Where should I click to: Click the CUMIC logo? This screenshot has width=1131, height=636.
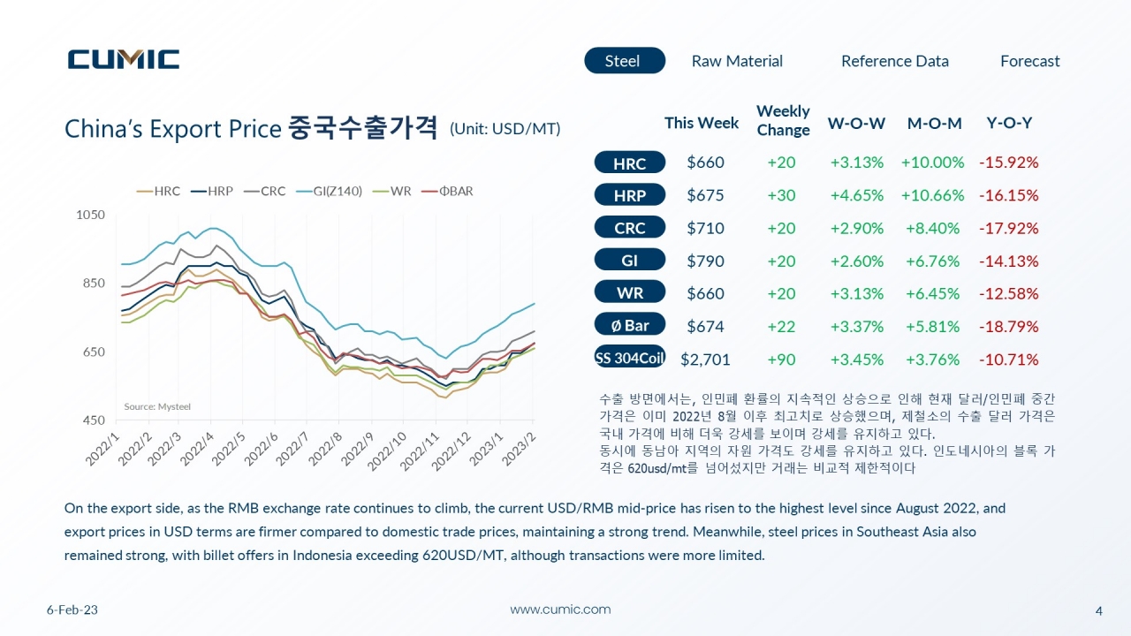tap(124, 59)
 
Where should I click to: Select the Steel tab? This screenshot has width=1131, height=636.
tap(625, 61)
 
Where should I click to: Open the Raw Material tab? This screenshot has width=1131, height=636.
tap(737, 61)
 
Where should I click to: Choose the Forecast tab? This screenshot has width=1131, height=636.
tap(1030, 61)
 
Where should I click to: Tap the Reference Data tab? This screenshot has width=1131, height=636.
tap(895, 61)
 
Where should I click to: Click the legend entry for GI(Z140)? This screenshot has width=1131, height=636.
tap(330, 192)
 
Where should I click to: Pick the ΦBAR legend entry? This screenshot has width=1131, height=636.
tap(447, 192)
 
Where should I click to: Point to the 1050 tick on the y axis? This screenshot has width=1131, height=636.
tap(90, 215)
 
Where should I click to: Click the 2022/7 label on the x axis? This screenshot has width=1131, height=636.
tap(292, 449)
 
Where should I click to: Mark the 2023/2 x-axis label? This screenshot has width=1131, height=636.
tap(519, 449)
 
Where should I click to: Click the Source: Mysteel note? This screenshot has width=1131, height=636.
tap(157, 406)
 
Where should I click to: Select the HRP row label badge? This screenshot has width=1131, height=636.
tap(630, 195)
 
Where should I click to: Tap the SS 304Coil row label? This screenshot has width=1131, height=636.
tap(630, 358)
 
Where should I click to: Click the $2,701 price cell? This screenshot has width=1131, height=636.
tap(705, 360)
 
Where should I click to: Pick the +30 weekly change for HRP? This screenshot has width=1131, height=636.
tap(781, 195)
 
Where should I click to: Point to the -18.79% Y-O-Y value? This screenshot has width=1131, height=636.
tap(1009, 327)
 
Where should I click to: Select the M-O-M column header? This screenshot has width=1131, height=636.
tap(934, 123)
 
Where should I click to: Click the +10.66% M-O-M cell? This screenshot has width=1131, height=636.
tap(932, 195)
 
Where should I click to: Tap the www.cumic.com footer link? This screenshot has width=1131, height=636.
tap(560, 609)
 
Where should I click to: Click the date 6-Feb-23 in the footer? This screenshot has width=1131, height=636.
tap(72, 609)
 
